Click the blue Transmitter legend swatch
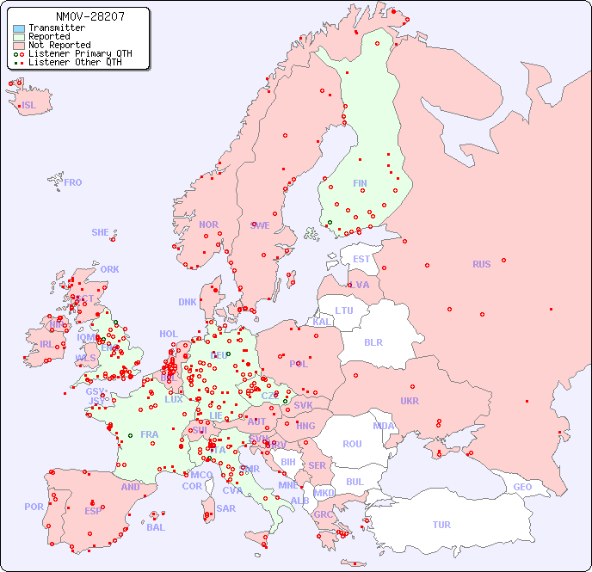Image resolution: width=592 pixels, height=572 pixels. click(x=19, y=28)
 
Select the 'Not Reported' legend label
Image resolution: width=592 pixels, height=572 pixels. click(x=59, y=45)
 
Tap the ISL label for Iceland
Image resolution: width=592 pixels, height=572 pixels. click(x=29, y=106)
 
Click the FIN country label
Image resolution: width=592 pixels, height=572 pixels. click(x=360, y=183)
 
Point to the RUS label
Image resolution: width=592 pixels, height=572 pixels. click(x=481, y=264)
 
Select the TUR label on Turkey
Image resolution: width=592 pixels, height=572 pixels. click(x=441, y=525)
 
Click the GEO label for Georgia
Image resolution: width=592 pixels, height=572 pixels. click(x=522, y=487)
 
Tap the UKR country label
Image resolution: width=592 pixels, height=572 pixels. click(x=410, y=401)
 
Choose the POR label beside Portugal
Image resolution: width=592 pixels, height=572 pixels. click(x=34, y=507)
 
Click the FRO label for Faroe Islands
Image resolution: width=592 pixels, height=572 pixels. click(x=73, y=182)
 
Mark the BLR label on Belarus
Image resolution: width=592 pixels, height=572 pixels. click(x=373, y=341)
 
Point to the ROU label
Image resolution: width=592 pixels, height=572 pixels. click(x=352, y=444)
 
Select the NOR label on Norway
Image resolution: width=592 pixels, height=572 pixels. click(x=208, y=224)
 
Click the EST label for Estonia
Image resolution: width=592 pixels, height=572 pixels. click(x=361, y=259)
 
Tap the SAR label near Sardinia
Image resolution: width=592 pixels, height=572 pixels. click(x=226, y=508)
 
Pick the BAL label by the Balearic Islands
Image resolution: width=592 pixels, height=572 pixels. click(x=156, y=527)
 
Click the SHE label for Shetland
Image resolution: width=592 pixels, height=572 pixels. click(x=101, y=232)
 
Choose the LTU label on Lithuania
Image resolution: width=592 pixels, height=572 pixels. click(x=344, y=311)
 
